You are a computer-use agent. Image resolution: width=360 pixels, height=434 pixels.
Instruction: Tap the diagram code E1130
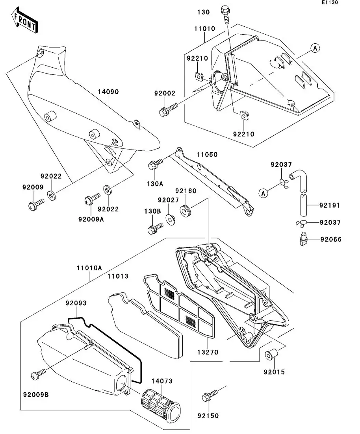pos(329,3)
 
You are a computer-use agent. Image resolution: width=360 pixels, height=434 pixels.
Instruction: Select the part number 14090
pos(108,92)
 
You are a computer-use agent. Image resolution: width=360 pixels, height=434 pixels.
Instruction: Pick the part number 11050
pos(207,155)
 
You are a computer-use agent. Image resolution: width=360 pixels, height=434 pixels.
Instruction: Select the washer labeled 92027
pos(171,218)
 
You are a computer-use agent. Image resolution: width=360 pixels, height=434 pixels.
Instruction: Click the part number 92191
pos(330,205)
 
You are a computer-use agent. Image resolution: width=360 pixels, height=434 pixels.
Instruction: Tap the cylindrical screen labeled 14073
pos(160,405)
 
